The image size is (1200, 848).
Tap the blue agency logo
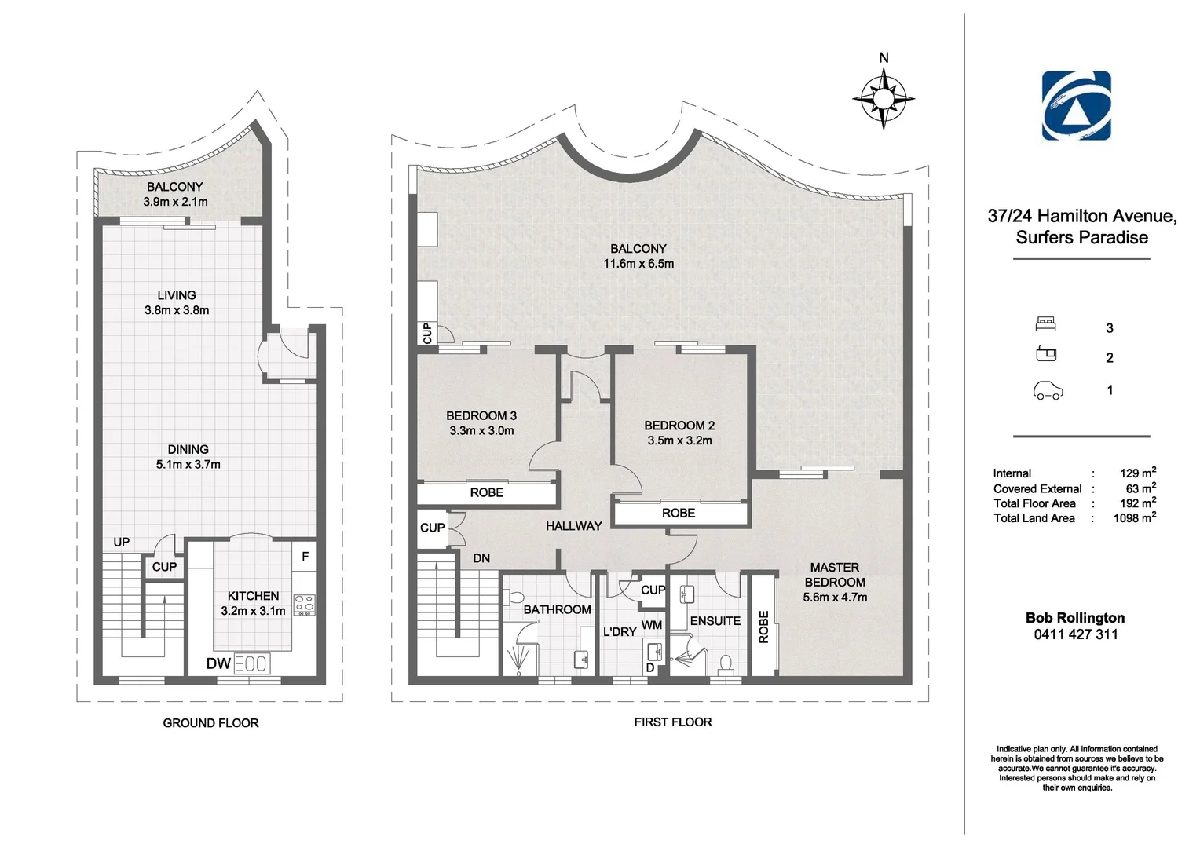coord(1076,105)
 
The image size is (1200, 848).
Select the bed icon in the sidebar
coord(1046,324)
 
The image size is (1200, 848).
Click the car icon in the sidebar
coord(1048,390)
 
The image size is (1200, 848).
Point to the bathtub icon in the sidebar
coord(1046,354)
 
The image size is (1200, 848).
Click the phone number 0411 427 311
coord(1076,634)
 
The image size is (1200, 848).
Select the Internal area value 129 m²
coord(1138,473)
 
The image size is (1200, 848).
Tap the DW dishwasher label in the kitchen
coord(218,663)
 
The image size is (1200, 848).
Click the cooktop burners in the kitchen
coord(304,605)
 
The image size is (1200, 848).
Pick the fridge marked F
coord(305,557)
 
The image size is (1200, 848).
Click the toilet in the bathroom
coord(514,597)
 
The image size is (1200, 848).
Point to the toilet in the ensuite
coord(726,664)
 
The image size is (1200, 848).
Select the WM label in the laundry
coord(651,625)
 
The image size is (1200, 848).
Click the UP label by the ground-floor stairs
coord(122,542)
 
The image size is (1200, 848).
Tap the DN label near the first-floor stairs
coord(481,558)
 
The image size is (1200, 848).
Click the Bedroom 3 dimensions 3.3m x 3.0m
coord(481,431)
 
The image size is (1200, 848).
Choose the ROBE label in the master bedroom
coord(763,627)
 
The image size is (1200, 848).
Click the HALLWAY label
coord(574,526)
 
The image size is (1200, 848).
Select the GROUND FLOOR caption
coord(210,723)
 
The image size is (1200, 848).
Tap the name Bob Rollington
coord(1075,618)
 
